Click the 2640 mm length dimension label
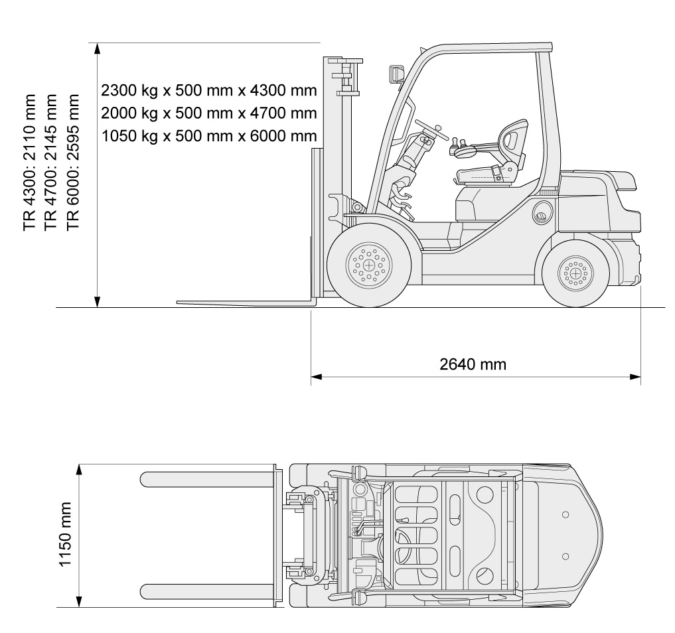(473, 364)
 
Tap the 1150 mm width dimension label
(65, 533)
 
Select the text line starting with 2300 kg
(209, 90)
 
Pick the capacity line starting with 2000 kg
(209, 113)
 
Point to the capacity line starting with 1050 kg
(209, 135)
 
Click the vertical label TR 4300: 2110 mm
(30, 162)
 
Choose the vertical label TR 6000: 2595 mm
(74, 162)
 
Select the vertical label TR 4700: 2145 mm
(51, 162)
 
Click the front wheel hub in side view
(368, 265)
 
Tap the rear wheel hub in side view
(575, 273)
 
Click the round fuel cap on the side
(542, 212)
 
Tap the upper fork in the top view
(207, 479)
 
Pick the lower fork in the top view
(207, 591)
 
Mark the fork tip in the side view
(177, 303)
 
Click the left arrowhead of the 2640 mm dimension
(317, 377)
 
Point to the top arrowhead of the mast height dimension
(98, 48)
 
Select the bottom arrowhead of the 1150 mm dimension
(79, 602)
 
